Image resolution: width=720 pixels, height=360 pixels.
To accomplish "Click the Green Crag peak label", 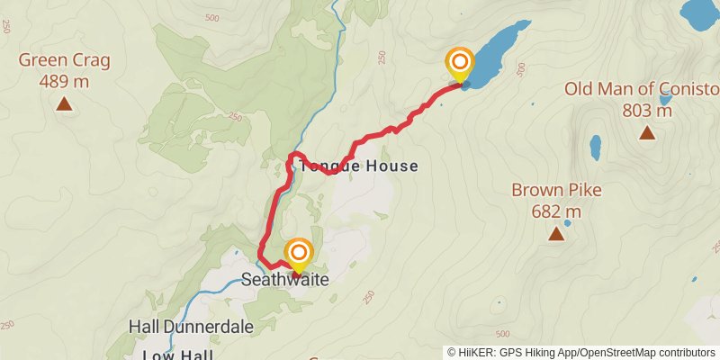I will click(x=64, y=61).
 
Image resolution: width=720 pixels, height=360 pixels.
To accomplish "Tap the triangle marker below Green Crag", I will click(x=64, y=103).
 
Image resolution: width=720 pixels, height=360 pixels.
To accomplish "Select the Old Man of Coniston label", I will click(x=642, y=89).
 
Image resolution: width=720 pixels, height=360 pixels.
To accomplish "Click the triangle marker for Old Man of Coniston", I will click(x=646, y=133).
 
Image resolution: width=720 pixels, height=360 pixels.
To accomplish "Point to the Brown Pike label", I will click(x=556, y=191).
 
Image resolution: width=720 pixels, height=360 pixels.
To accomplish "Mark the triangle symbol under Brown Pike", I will click(x=556, y=234).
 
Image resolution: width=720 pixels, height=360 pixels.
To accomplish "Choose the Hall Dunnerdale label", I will click(x=190, y=327).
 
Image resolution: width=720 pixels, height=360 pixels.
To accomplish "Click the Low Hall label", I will click(x=177, y=354).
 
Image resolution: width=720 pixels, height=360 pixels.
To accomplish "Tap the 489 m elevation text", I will click(x=64, y=81).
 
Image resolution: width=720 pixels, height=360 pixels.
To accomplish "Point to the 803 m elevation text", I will click(x=647, y=111).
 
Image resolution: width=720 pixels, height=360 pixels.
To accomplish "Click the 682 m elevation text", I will click(x=556, y=211).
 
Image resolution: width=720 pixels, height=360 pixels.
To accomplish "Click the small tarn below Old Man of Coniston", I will click(x=595, y=146).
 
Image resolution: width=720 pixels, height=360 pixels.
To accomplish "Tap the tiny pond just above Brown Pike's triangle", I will click(x=567, y=222).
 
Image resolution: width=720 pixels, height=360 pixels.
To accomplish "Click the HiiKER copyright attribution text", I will click(x=582, y=352).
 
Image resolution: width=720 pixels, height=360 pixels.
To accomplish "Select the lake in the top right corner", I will click(x=699, y=11).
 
